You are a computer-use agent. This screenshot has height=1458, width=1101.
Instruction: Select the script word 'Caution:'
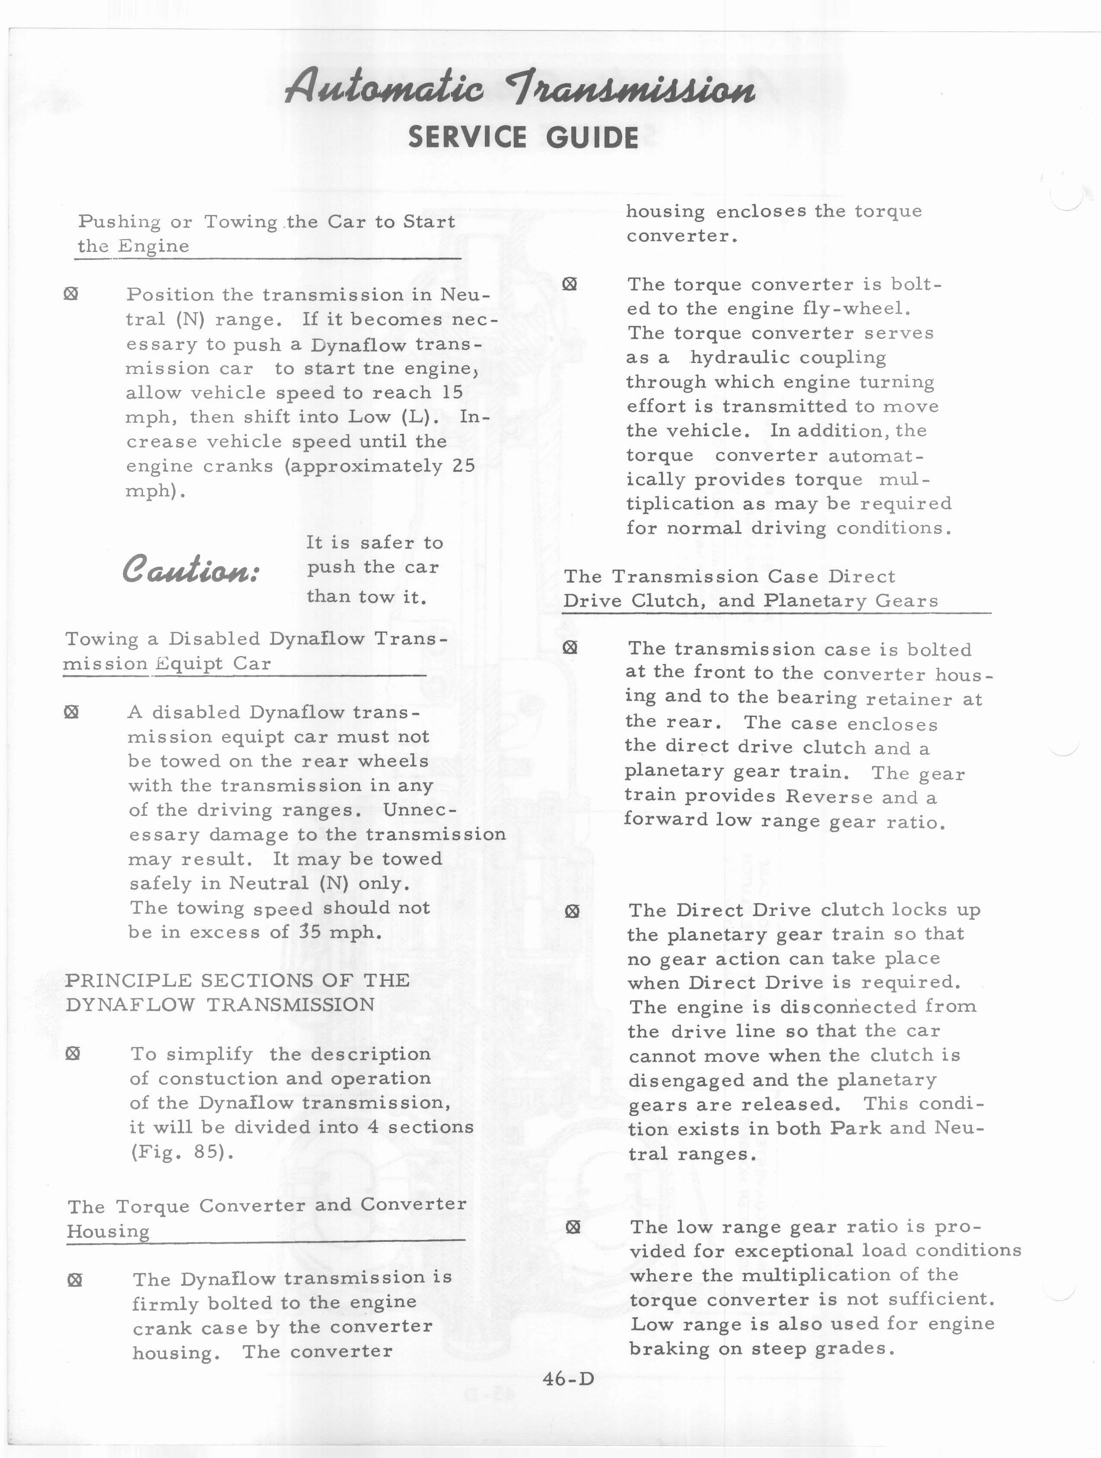coord(191,569)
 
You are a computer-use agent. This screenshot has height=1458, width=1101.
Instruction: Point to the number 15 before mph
coord(452,393)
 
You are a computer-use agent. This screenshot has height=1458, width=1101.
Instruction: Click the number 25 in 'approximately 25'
coord(463,466)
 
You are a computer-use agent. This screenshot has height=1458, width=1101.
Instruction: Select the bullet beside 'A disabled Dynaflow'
coord(71,712)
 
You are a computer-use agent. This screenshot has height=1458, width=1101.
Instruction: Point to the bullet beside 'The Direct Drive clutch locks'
coord(572,911)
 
